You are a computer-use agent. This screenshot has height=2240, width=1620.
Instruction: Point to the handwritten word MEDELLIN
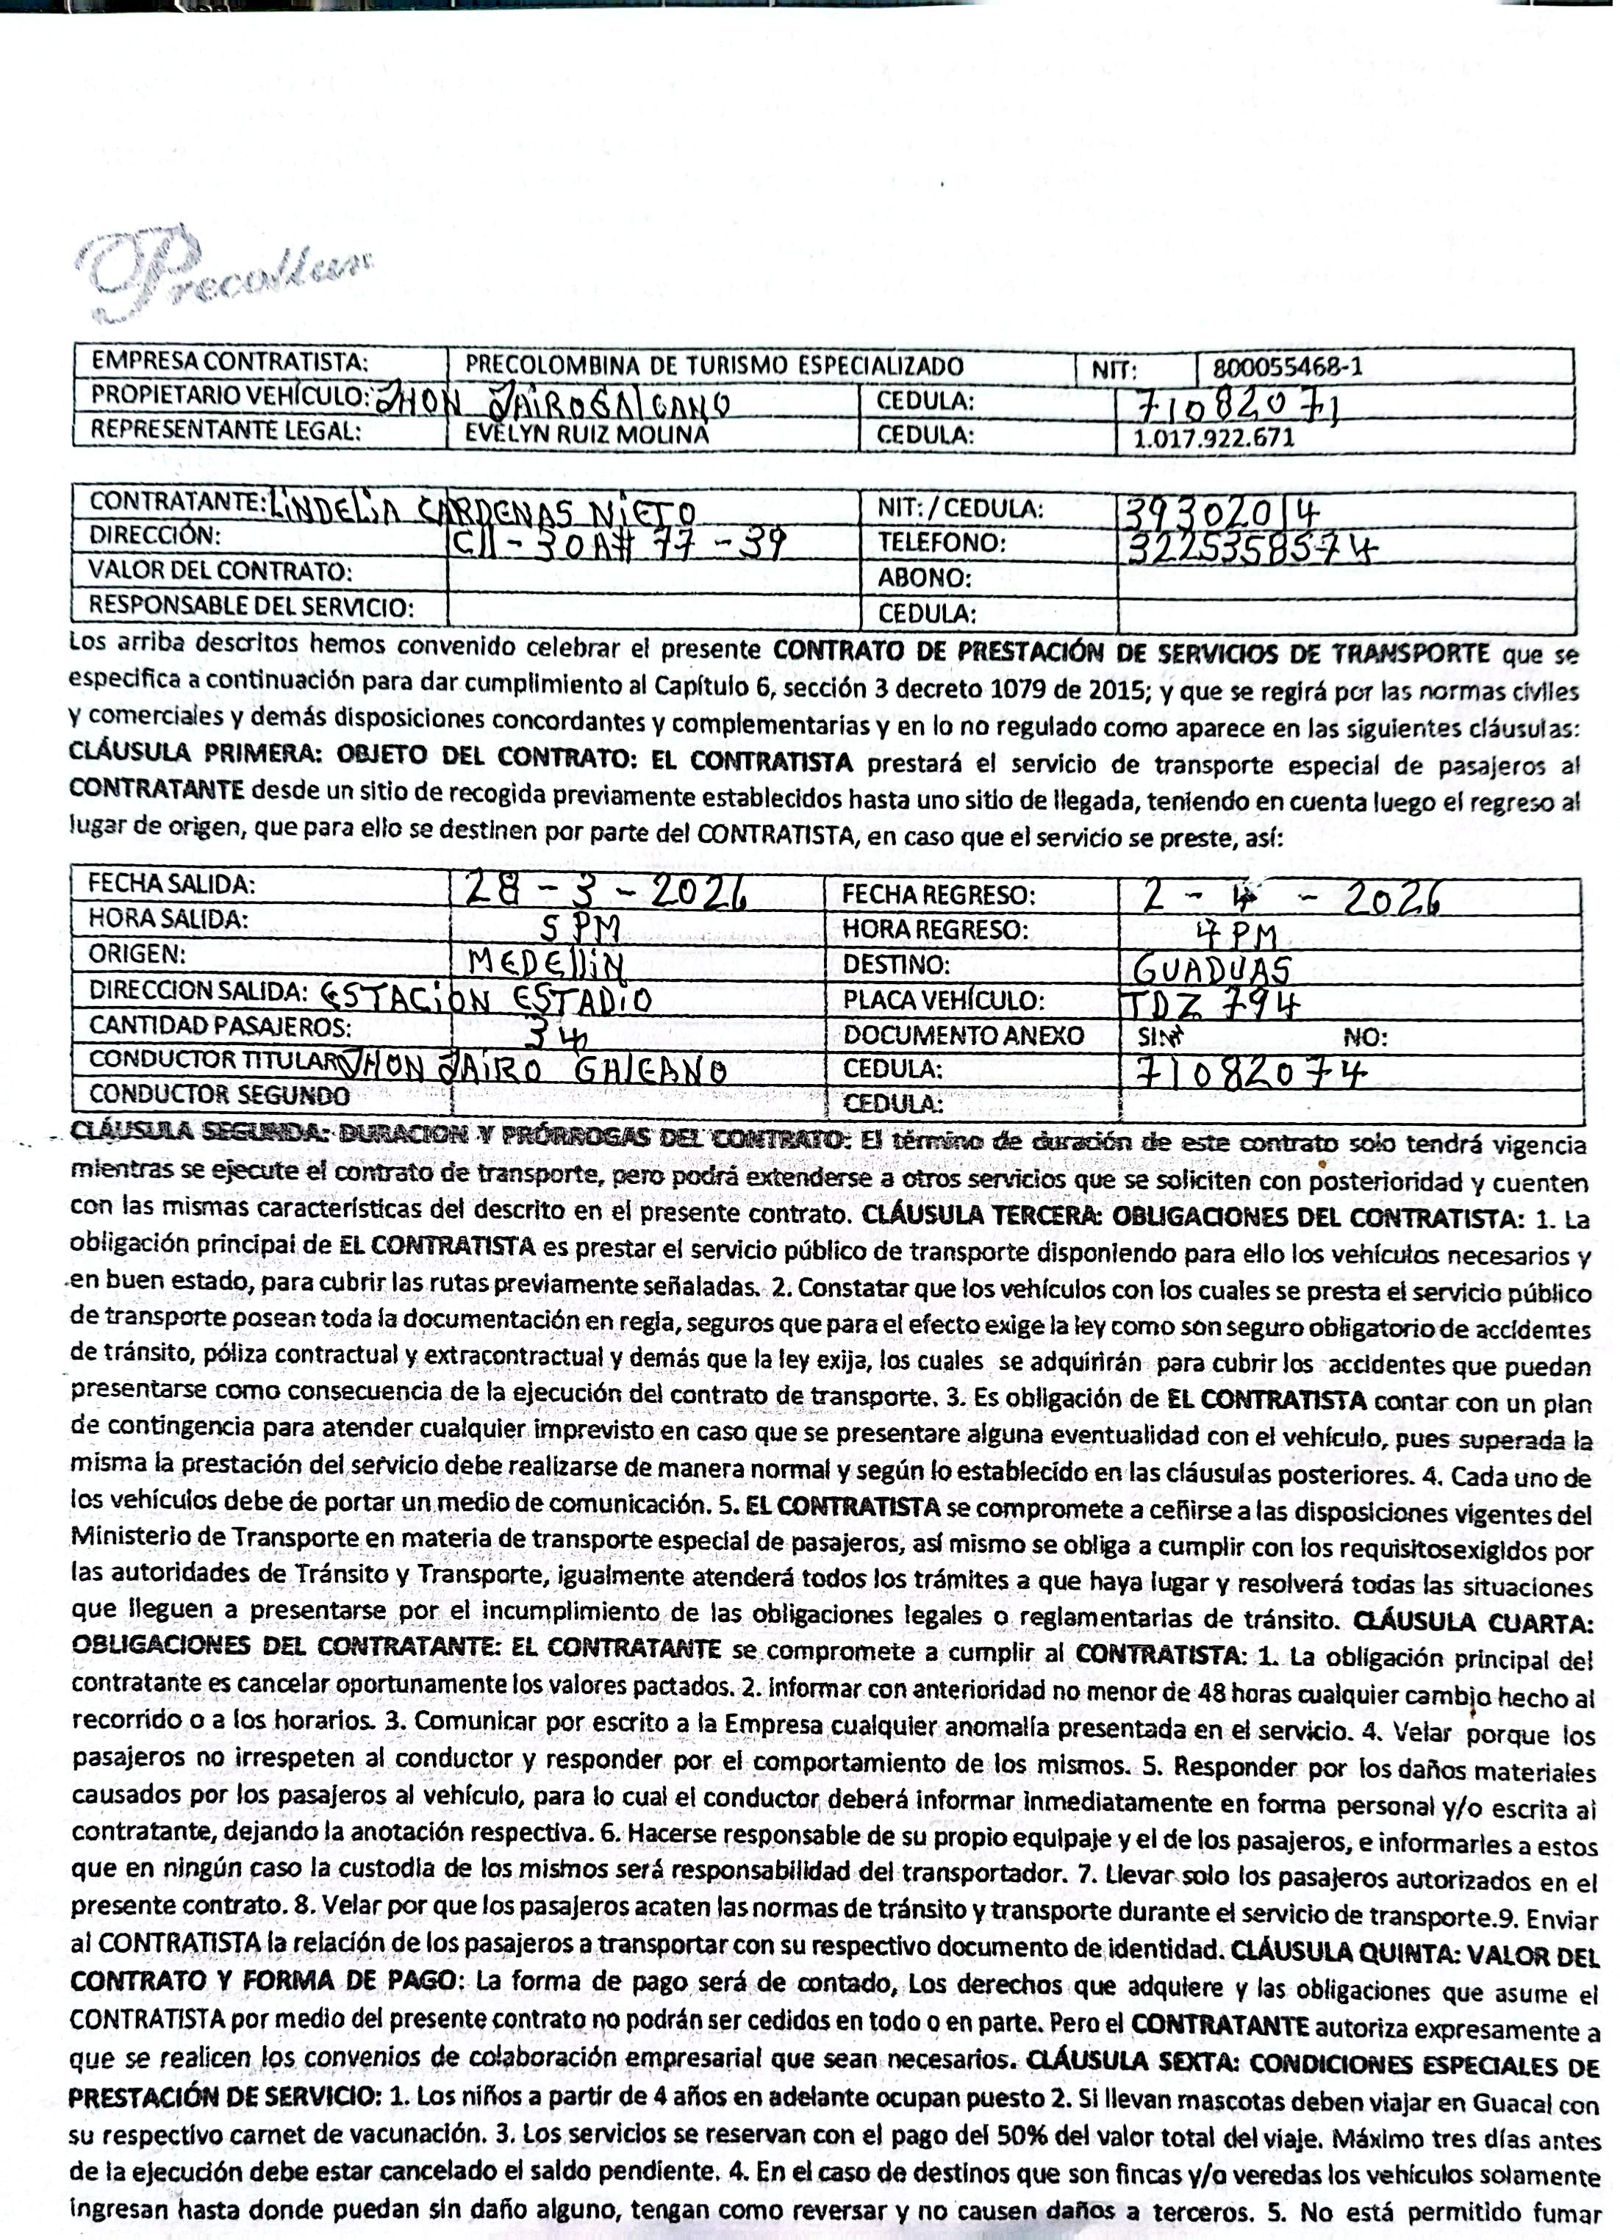point(549,963)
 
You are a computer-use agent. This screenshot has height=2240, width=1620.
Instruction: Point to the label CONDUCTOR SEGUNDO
point(219,1094)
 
